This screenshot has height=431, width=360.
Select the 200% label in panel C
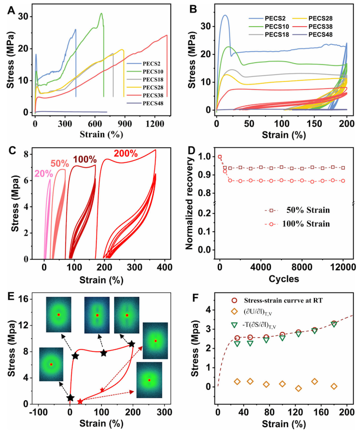point(125,154)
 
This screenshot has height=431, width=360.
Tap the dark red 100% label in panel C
point(84,158)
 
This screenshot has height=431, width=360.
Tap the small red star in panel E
point(80,401)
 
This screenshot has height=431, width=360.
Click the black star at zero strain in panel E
point(71,397)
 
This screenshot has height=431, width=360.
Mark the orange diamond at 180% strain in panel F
point(334,386)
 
